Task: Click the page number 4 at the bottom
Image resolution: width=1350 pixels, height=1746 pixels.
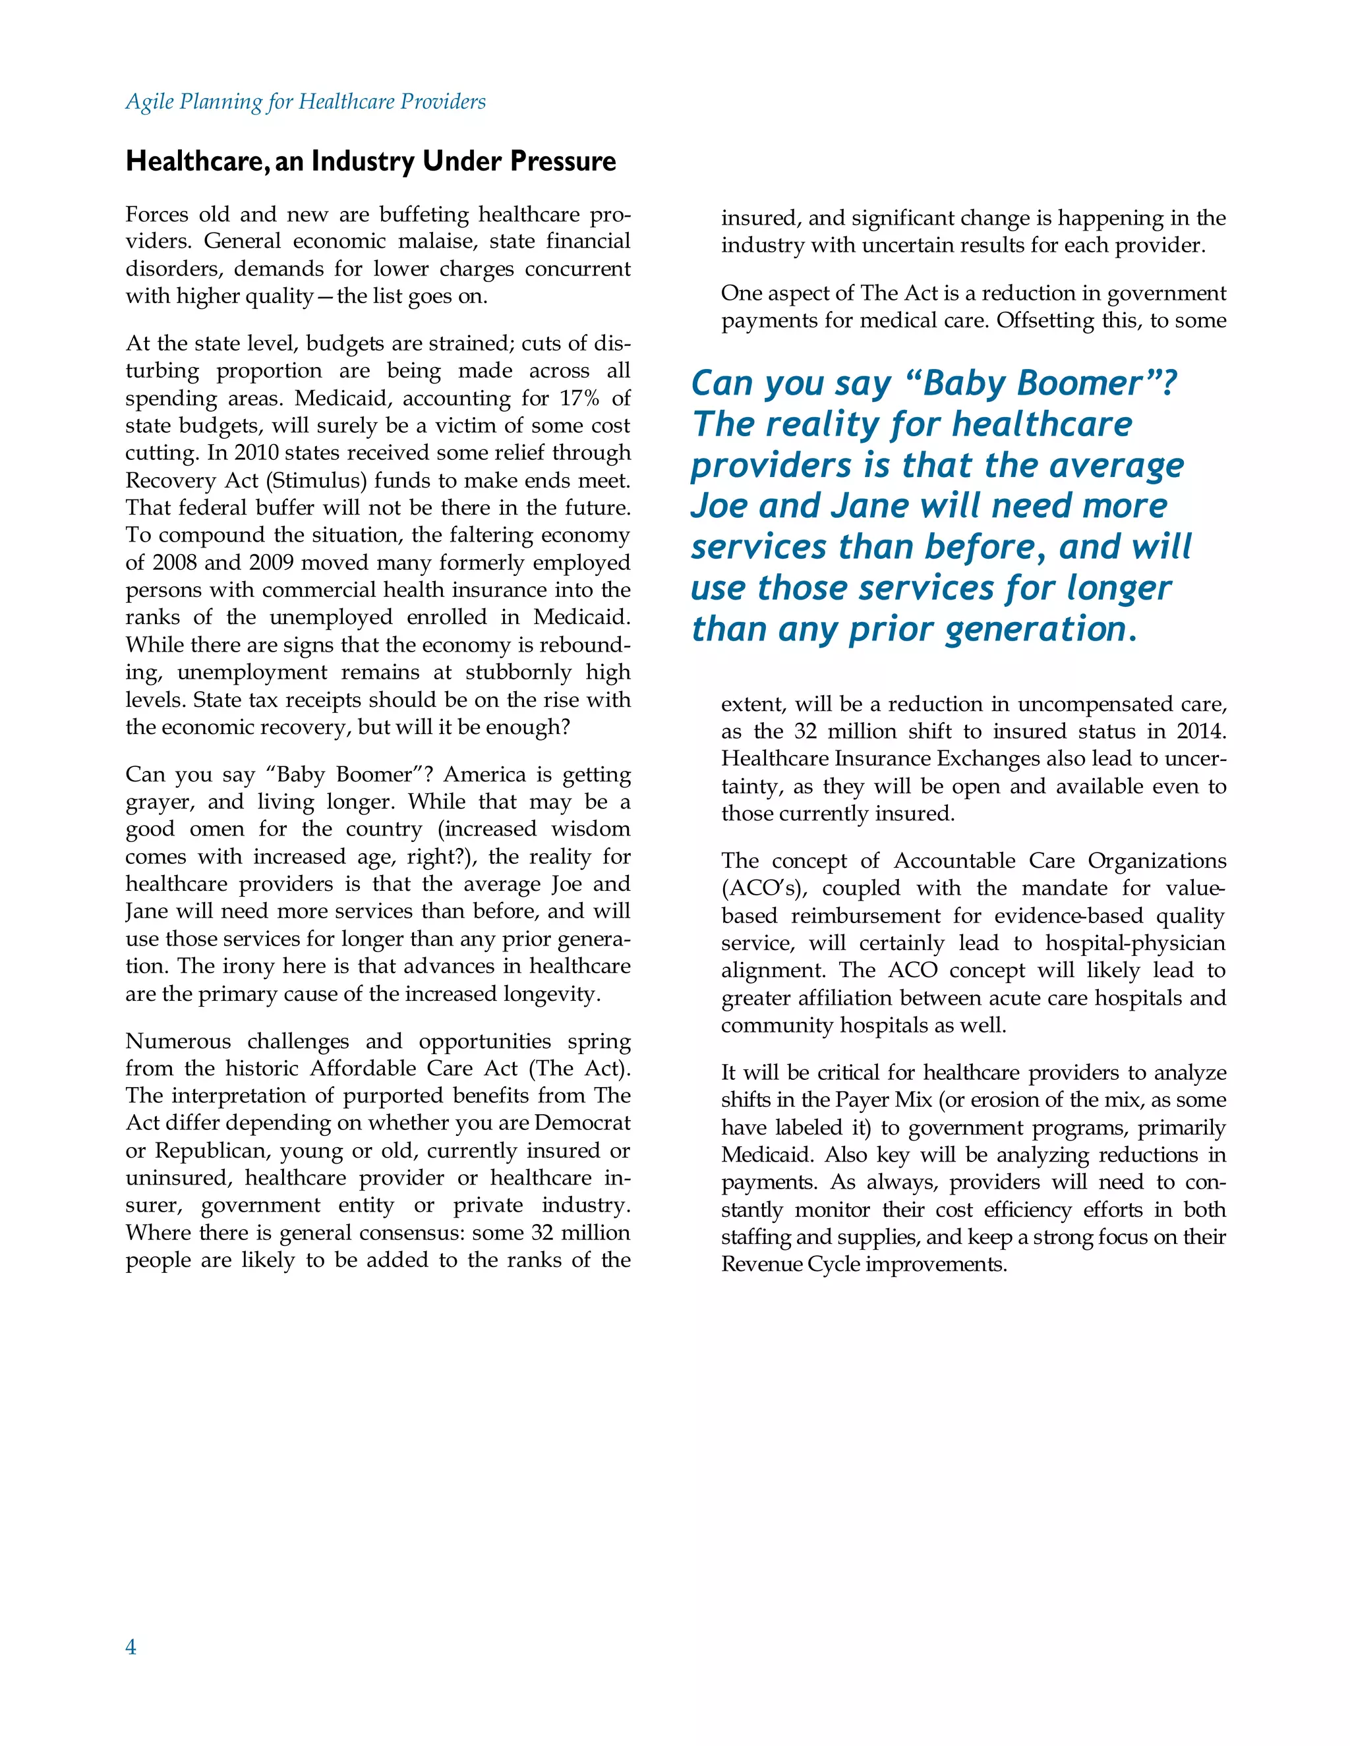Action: pos(131,1647)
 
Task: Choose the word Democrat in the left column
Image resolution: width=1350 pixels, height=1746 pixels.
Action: pos(582,1123)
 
